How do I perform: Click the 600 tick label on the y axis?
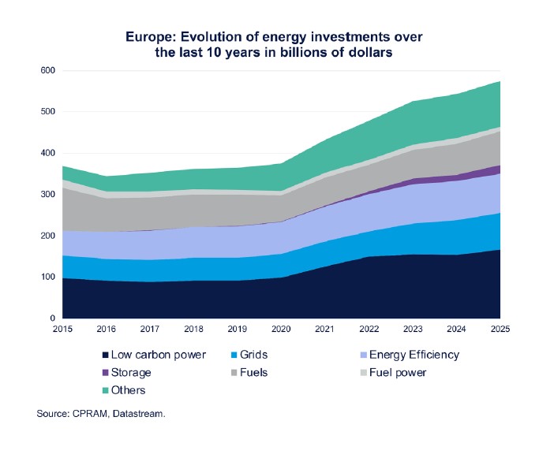[47, 71]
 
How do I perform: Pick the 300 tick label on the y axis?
[47, 195]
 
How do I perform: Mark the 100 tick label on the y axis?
[47, 277]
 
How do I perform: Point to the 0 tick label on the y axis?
[52, 318]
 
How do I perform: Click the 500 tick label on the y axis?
[47, 112]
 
